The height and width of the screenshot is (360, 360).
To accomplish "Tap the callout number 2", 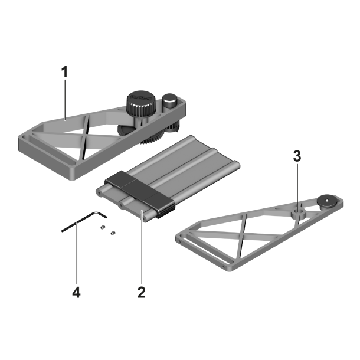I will (x=141, y=292).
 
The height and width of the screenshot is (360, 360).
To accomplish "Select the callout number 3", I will (x=297, y=156).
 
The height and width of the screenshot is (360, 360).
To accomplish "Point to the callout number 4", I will (x=77, y=292).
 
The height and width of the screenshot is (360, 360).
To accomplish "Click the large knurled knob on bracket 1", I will (x=140, y=102).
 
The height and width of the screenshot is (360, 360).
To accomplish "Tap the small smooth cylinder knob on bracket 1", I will (x=171, y=100).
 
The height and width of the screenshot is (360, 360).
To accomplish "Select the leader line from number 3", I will (x=297, y=183).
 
